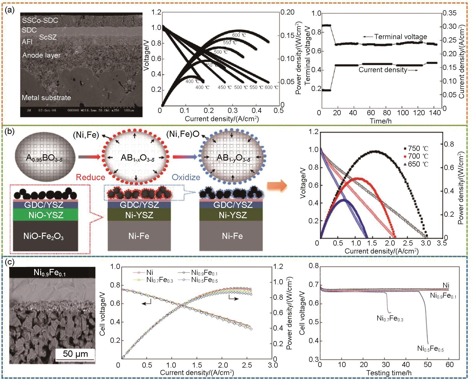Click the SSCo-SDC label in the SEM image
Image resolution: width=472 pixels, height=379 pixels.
coord(40,20)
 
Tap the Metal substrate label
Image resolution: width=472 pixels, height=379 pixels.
coord(46,98)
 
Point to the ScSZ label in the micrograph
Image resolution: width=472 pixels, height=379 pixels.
coord(48,37)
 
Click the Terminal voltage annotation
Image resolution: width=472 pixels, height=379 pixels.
coord(400,37)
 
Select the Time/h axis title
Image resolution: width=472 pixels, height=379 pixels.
coord(381,121)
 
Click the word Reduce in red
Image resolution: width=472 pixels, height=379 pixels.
coord(90,177)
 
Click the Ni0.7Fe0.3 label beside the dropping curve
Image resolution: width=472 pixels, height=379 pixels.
coord(390,318)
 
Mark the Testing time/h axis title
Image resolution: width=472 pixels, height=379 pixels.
coord(389,373)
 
